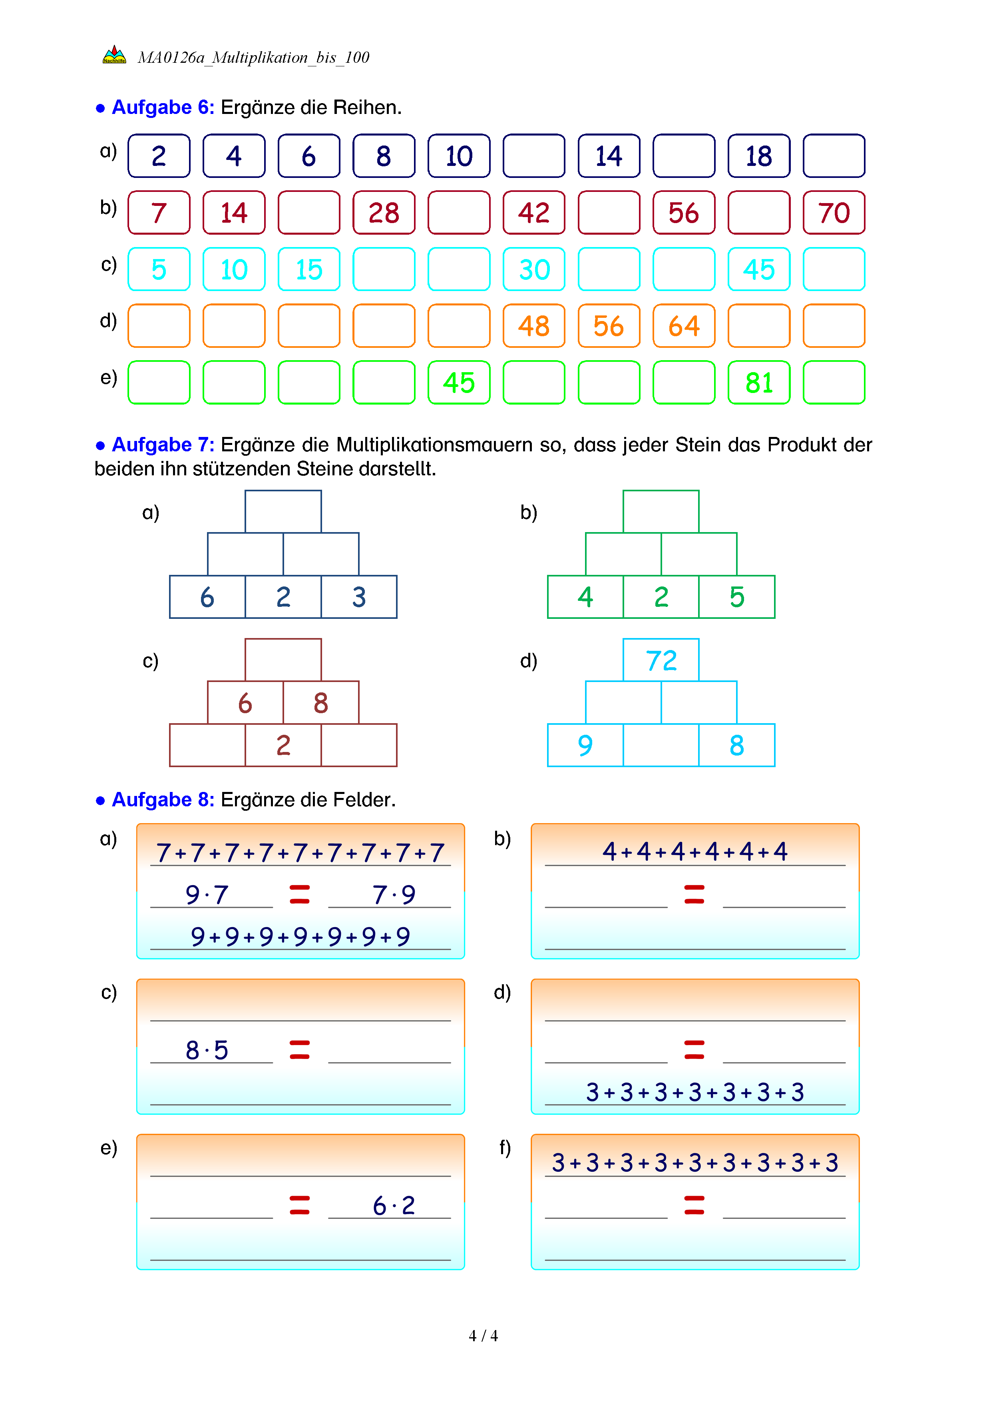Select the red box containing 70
(x=834, y=213)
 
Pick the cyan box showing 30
(x=534, y=269)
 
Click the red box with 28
(x=384, y=213)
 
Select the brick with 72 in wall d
(x=661, y=660)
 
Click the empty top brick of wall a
(x=283, y=511)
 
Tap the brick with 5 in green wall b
(x=736, y=596)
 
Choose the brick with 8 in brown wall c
(x=321, y=703)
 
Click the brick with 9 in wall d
(x=585, y=745)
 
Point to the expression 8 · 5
(x=207, y=1050)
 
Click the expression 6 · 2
(x=394, y=1205)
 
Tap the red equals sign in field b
(x=694, y=895)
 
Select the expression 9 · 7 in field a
(x=207, y=895)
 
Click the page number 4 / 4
(x=483, y=1336)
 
